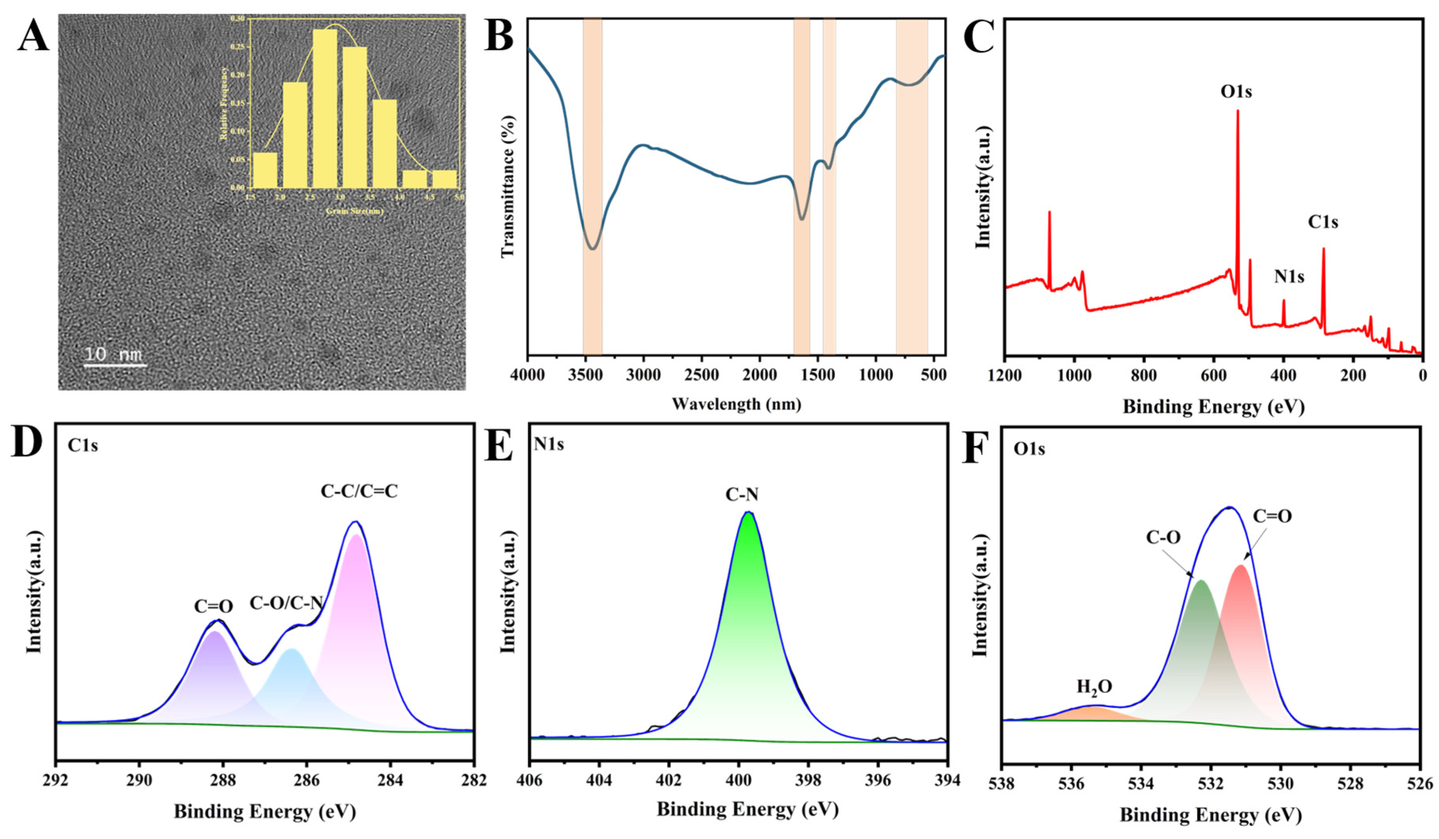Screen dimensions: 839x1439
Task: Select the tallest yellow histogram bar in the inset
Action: [324, 108]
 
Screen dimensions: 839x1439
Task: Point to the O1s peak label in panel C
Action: [1236, 91]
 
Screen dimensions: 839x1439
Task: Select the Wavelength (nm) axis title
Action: [736, 404]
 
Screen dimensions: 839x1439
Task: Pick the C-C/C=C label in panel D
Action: [359, 491]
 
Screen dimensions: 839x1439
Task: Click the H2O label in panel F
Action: [1094, 686]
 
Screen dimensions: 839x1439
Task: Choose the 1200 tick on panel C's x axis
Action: [1005, 376]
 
